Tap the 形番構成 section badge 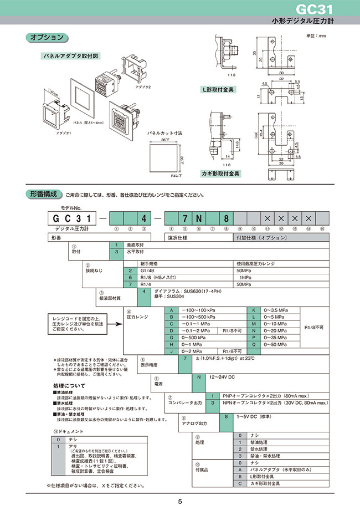click(x=42, y=194)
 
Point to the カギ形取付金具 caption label click(x=220, y=174)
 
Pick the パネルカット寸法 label click(x=164, y=134)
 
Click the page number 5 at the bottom click(x=180, y=502)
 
